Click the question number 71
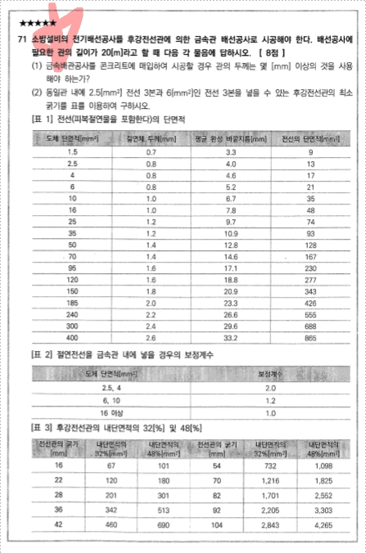(x=20, y=38)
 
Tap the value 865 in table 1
(x=310, y=336)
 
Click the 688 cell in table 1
(x=310, y=325)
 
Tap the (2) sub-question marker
(x=37, y=94)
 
